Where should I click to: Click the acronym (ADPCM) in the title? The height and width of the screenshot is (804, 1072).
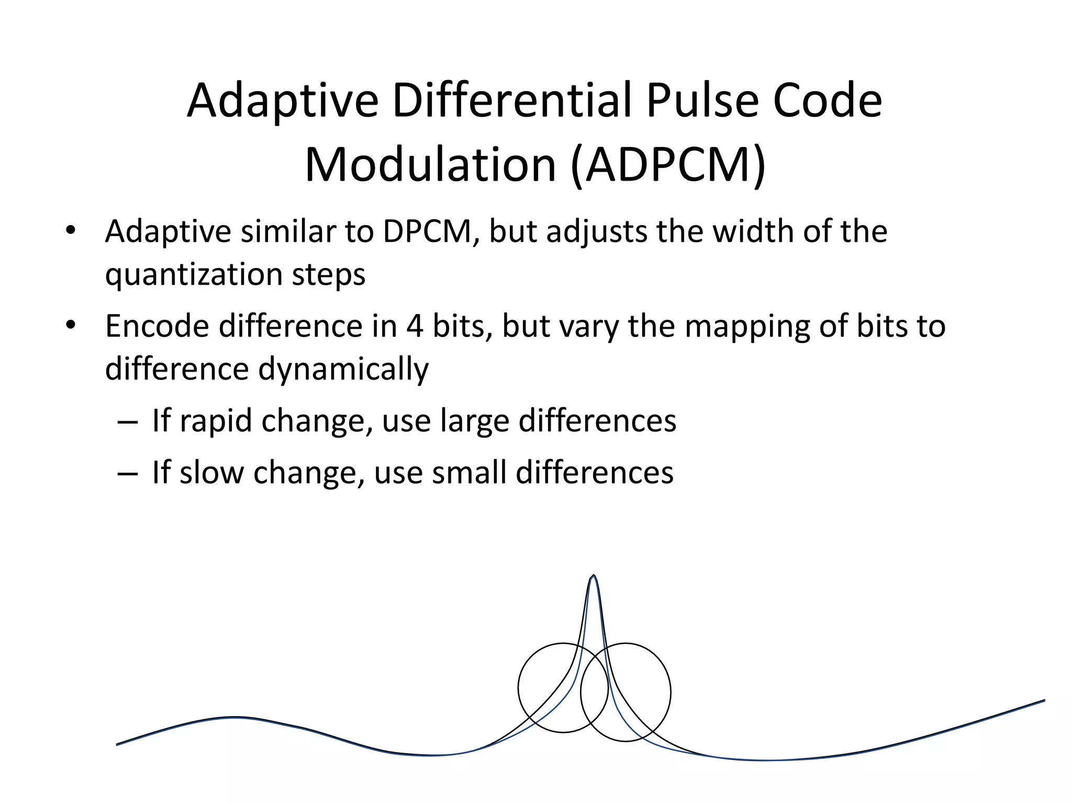[668, 165]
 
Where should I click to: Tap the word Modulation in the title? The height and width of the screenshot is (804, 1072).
[430, 165]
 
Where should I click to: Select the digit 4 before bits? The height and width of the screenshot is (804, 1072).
[415, 326]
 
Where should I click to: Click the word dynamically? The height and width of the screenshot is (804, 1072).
[343, 369]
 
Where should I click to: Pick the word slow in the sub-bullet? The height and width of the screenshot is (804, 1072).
[211, 472]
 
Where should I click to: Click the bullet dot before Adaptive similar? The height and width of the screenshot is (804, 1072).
[71, 231]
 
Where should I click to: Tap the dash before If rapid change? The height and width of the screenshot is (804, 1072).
[128, 421]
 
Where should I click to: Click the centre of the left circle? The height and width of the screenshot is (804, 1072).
[563, 688]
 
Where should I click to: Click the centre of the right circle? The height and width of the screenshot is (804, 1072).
[626, 692]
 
